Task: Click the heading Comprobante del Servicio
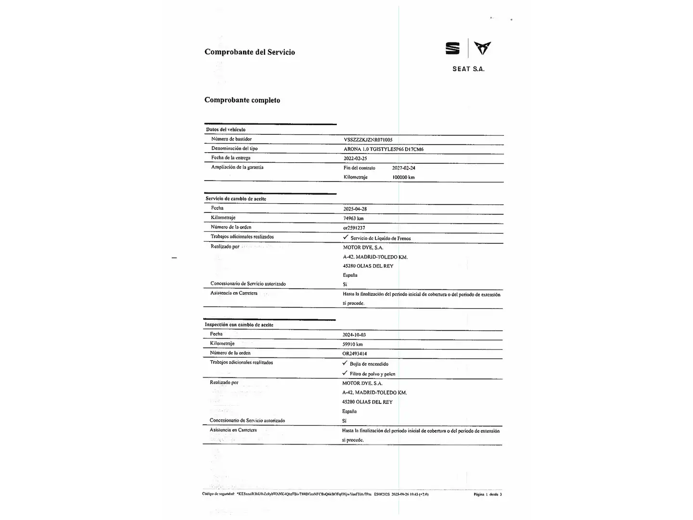[249, 52]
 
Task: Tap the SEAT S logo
[452, 48]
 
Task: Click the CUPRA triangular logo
[482, 48]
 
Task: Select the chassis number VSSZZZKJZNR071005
[368, 140]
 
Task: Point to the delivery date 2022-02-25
[355, 158]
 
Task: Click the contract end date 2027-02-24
[403, 168]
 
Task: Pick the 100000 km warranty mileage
[403, 177]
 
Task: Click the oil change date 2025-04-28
[355, 209]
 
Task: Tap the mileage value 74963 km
[353, 218]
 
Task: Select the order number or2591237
[354, 228]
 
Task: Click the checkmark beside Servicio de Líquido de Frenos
[346, 237]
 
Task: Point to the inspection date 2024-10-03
[354, 335]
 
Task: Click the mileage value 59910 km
[352, 344]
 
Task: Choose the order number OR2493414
[354, 353]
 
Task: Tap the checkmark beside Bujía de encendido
[345, 364]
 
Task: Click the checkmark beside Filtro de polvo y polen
[345, 373]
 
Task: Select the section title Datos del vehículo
[226, 130]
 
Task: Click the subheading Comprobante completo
[242, 100]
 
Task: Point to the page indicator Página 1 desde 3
[488, 494]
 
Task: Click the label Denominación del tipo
[234, 148]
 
